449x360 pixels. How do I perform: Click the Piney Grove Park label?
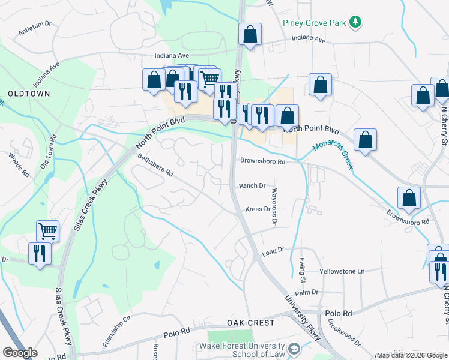click(x=315, y=23)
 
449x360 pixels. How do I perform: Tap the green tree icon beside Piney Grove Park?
click(x=356, y=22)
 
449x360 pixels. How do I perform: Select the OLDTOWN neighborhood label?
click(x=29, y=94)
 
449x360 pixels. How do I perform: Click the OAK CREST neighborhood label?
click(x=250, y=323)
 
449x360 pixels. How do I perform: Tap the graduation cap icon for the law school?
click(x=294, y=349)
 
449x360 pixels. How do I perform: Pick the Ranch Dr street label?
click(x=252, y=186)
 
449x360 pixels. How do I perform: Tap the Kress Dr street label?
click(x=258, y=209)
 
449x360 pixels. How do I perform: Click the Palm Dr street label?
click(x=306, y=292)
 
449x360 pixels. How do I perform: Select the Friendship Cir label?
click(x=116, y=332)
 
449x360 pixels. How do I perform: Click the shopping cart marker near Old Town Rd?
click(x=47, y=231)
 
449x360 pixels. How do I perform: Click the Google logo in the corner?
click(x=20, y=353)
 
